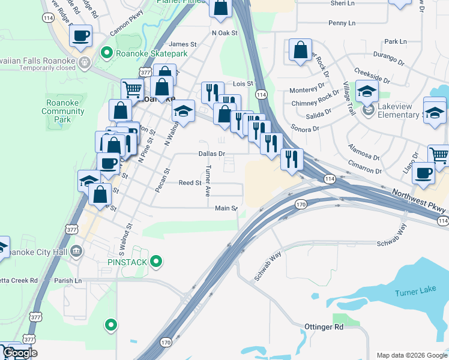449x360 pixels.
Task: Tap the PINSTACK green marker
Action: pos(156,261)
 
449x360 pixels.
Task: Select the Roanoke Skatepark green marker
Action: pos(108,53)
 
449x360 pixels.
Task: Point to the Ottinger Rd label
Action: pos(322,327)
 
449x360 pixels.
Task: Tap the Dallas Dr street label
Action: pos(211,154)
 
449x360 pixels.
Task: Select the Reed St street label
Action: pos(189,182)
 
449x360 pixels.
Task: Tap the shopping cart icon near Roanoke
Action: pos(132,89)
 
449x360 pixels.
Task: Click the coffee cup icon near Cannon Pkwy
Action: pos(80,35)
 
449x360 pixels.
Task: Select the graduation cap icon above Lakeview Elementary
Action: pos(367,91)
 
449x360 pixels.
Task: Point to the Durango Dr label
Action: pos(388,59)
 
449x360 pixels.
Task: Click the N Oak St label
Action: pos(224,33)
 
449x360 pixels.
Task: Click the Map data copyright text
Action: pos(412,355)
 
